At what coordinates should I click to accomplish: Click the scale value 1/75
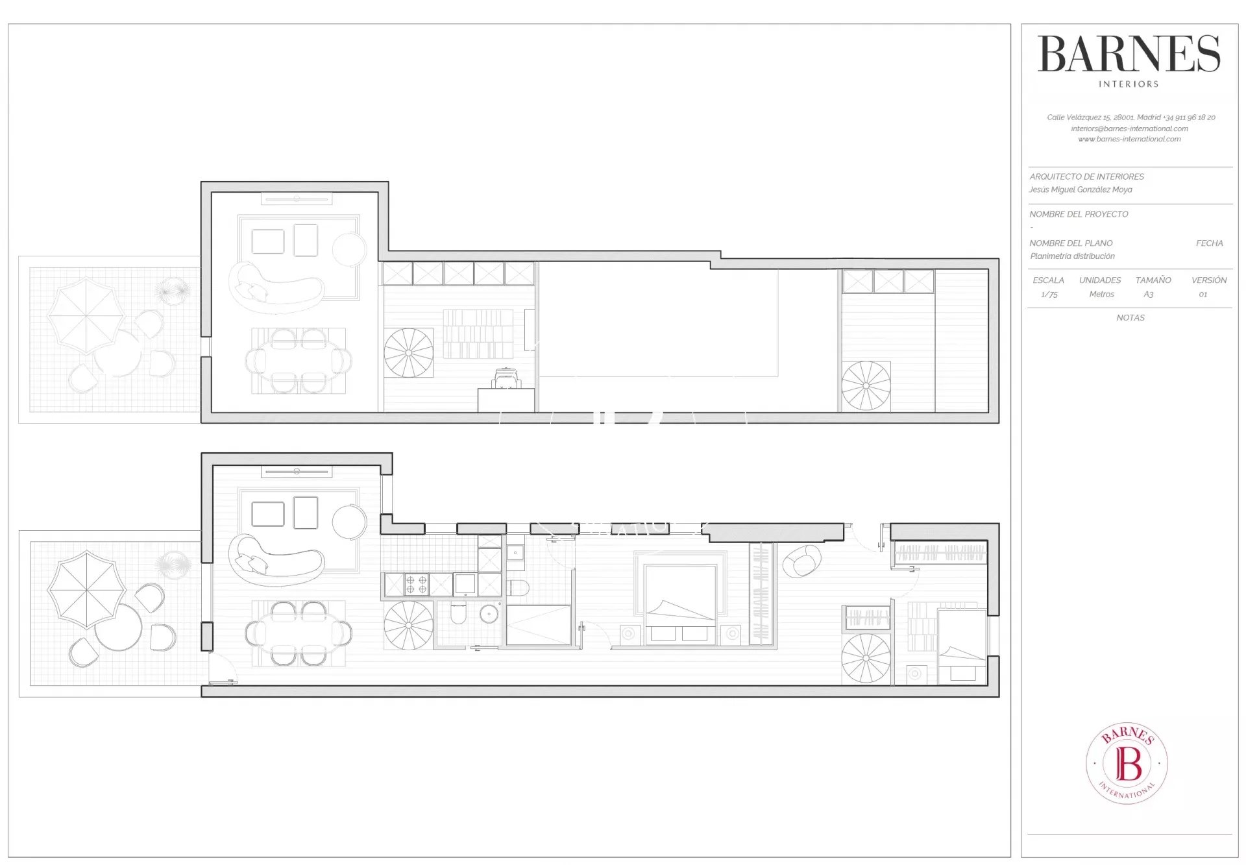tap(1049, 295)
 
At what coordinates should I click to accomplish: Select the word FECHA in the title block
tap(1210, 243)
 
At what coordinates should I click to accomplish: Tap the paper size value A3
tap(1149, 295)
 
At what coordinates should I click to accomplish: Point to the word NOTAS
tap(1130, 318)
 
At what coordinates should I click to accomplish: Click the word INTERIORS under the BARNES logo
tap(1129, 84)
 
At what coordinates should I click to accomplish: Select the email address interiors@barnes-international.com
tap(1130, 128)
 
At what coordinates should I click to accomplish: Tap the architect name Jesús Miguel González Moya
tap(1081, 189)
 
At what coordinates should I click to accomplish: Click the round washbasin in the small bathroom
tap(489, 614)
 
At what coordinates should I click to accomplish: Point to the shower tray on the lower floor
tap(538, 626)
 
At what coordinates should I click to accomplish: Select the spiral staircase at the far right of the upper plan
tap(866, 387)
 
